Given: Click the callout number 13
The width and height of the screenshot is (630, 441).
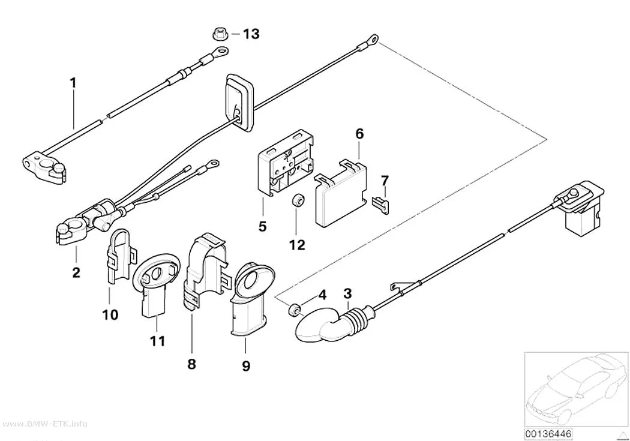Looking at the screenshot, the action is [x=251, y=34].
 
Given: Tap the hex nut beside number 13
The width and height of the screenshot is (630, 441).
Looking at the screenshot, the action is [x=220, y=34].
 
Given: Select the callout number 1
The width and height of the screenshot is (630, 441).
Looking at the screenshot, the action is [x=73, y=83].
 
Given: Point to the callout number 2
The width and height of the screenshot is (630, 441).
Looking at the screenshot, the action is [x=76, y=273].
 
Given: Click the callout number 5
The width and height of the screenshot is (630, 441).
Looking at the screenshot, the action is [x=262, y=227].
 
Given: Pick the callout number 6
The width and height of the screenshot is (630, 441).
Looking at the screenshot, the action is [x=359, y=134].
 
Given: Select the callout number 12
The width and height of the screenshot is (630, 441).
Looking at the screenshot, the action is [x=298, y=245].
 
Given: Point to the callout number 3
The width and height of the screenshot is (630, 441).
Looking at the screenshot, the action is [x=347, y=293].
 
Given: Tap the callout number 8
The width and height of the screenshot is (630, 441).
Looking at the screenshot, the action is [x=191, y=364].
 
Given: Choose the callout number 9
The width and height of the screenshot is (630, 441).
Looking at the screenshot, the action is [x=246, y=366].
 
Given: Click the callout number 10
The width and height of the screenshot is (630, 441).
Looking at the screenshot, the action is [x=110, y=314].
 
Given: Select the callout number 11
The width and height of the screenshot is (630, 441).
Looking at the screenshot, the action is [x=157, y=341].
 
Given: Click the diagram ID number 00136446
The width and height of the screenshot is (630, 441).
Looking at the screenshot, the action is [x=548, y=434].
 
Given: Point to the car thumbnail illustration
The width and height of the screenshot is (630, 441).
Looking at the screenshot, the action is [x=576, y=389].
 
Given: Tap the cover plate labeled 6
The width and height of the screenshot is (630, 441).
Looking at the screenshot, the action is [x=341, y=193].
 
